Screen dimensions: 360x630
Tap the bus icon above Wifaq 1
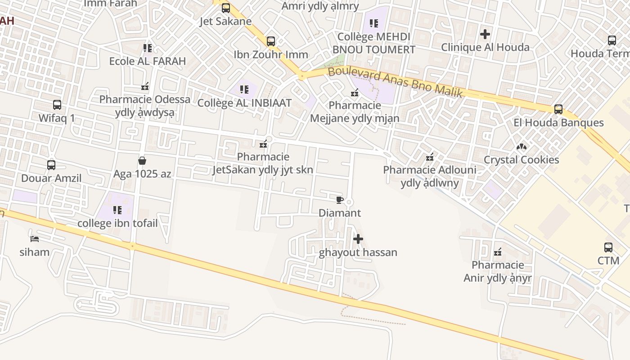pyautogui.click(x=57, y=105)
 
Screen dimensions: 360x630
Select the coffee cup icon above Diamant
pyautogui.click(x=340, y=200)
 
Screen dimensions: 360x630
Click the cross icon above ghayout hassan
pyautogui.click(x=358, y=239)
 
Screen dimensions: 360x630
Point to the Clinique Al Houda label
pyautogui.click(x=485, y=47)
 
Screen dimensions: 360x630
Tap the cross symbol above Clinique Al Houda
pyautogui.click(x=485, y=34)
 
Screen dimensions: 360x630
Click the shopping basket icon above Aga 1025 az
pyautogui.click(x=142, y=161)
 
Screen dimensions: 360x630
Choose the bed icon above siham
pyautogui.click(x=35, y=238)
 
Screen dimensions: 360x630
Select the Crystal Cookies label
pyautogui.click(x=521, y=160)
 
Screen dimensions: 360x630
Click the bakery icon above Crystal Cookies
pyautogui.click(x=521, y=147)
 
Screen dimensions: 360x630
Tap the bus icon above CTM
pyautogui.click(x=608, y=247)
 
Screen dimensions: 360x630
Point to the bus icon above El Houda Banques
pyautogui.click(x=558, y=109)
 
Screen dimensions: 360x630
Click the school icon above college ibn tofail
pyautogui.click(x=117, y=210)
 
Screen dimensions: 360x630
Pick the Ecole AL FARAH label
pyautogui.click(x=148, y=61)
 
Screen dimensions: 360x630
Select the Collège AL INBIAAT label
pyautogui.click(x=244, y=103)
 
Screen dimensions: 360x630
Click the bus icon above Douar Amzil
pyautogui.click(x=51, y=165)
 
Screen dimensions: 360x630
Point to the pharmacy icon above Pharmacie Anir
pyautogui.click(x=498, y=252)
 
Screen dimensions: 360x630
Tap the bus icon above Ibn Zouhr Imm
pyautogui.click(x=271, y=41)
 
